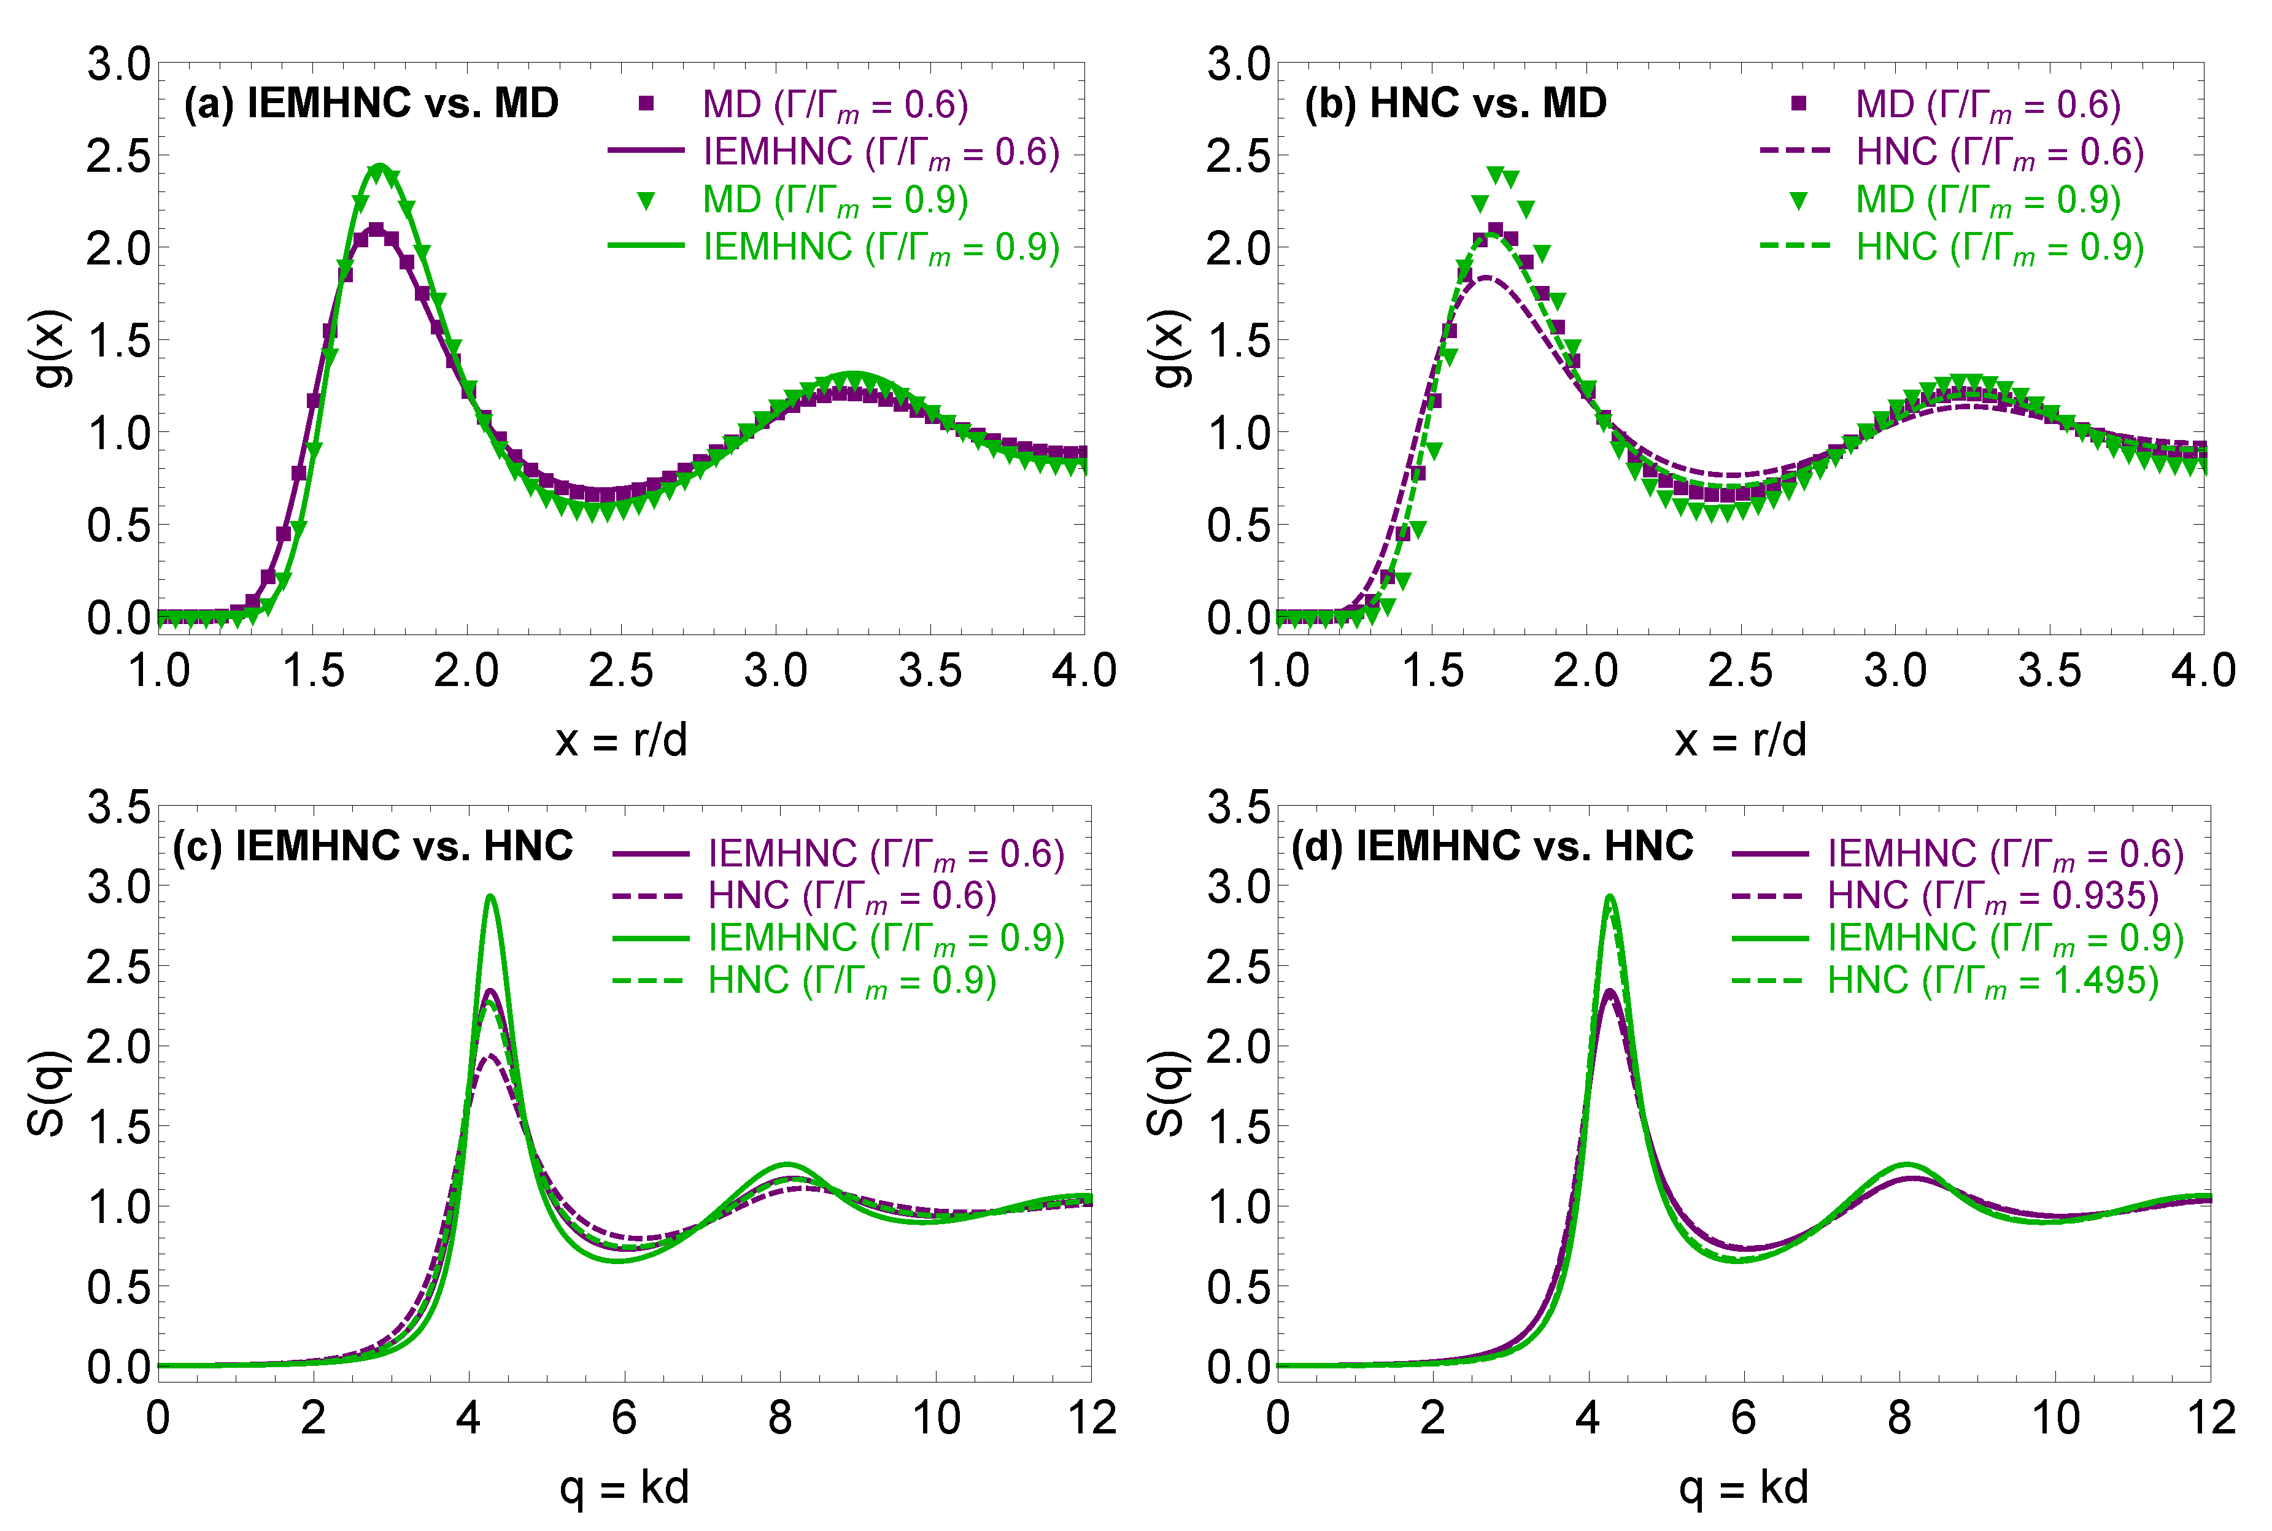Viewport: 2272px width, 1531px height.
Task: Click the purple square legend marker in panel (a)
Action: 646,104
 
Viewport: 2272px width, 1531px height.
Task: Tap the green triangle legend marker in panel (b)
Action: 1798,201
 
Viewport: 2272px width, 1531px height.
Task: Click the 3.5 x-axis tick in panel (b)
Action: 2049,671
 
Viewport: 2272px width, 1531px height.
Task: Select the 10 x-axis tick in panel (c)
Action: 935,1417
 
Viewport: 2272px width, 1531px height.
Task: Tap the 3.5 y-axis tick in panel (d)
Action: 1238,808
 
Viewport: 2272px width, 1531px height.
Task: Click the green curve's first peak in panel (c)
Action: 490,897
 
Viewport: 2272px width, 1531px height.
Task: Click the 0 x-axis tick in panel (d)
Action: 1277,1417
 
